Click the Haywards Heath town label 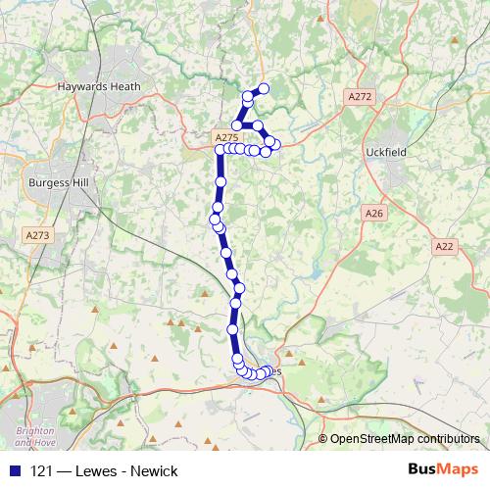point(99,86)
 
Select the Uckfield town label point(413,154)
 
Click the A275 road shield point(225,138)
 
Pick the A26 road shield point(372,213)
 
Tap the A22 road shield point(444,247)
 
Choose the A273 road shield point(37,235)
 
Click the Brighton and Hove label point(33,437)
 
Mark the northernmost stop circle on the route point(263,89)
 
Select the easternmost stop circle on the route point(275,145)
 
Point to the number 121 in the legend point(41,471)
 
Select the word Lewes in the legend point(94,471)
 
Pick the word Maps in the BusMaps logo point(459,470)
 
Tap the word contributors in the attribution point(446,439)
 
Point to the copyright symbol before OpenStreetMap point(322,439)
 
